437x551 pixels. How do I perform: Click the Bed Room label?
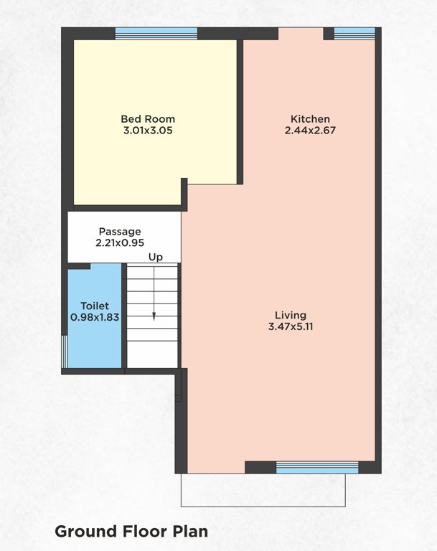[x=148, y=119]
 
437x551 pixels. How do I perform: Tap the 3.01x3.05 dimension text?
[x=148, y=131]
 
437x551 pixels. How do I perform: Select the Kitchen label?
[x=310, y=119]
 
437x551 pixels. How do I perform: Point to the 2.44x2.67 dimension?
[x=310, y=131]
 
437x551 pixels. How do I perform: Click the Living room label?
[x=291, y=315]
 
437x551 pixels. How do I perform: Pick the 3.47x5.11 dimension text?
[x=291, y=326]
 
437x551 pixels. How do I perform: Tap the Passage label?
[x=120, y=232]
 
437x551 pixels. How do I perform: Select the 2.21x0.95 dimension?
[x=120, y=243]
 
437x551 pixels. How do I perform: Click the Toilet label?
[x=94, y=305]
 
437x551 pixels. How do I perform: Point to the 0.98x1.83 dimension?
[x=94, y=316]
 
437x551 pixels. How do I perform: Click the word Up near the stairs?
[x=155, y=257]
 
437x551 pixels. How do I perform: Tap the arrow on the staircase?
[x=153, y=314]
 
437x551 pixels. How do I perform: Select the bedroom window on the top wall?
[x=156, y=33]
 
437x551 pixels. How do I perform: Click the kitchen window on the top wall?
[x=354, y=33]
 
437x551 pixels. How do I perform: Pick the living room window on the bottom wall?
[x=317, y=468]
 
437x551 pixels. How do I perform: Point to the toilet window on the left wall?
[x=64, y=352]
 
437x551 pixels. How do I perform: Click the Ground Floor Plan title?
[x=131, y=532]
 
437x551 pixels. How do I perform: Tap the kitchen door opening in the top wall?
[x=301, y=34]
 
